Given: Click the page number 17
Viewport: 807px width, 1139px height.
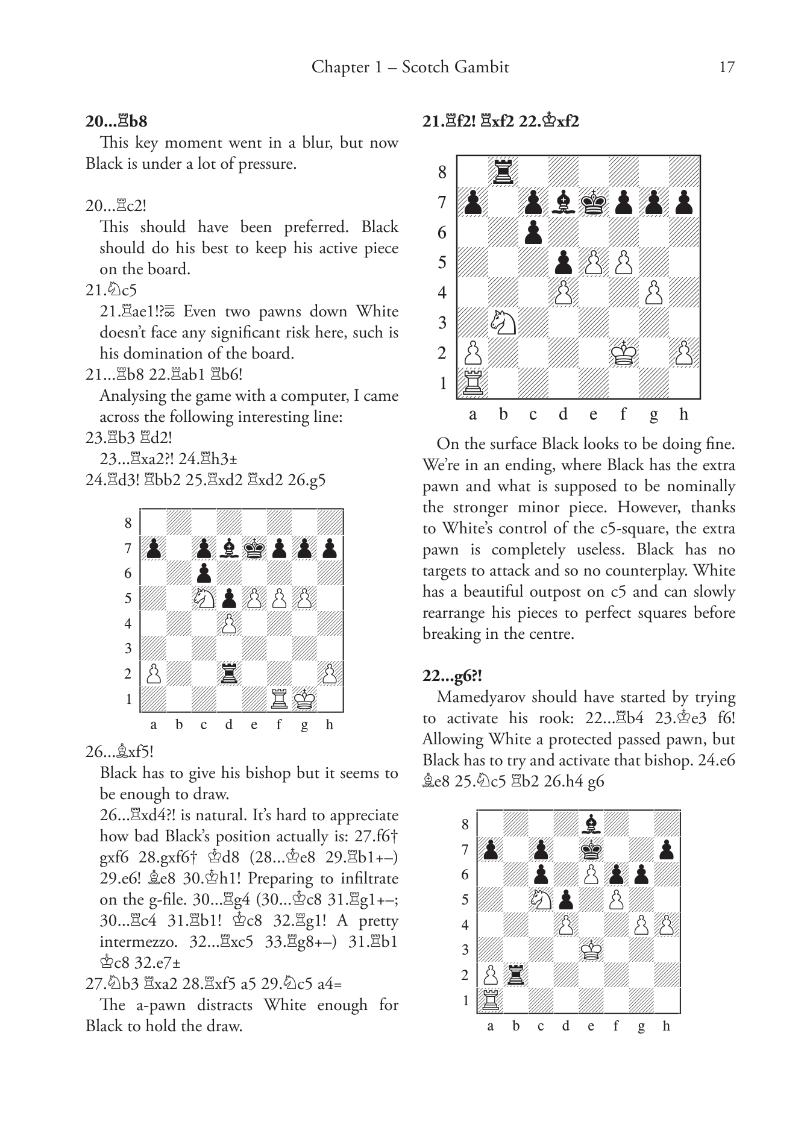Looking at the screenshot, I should point(727,67).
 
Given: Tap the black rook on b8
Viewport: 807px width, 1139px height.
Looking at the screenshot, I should point(503,172).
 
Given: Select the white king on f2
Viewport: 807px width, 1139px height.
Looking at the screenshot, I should point(623,353).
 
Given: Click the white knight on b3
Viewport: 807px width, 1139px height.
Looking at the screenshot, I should point(503,322).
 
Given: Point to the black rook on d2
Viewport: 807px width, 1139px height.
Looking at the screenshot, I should point(228,674).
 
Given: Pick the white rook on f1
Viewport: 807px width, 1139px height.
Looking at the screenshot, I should point(279,699).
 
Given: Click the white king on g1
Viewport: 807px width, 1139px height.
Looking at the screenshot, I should point(304,699).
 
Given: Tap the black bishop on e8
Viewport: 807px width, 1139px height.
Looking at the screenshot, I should point(591,824).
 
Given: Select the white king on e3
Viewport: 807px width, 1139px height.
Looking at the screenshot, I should point(591,950).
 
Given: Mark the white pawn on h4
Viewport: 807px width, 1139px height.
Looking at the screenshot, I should point(667,924).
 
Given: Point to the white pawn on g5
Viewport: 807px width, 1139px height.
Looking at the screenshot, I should point(304,598).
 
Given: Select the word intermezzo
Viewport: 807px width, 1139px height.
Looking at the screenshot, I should point(136,941).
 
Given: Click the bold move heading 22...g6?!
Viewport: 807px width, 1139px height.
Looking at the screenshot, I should point(453,676).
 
